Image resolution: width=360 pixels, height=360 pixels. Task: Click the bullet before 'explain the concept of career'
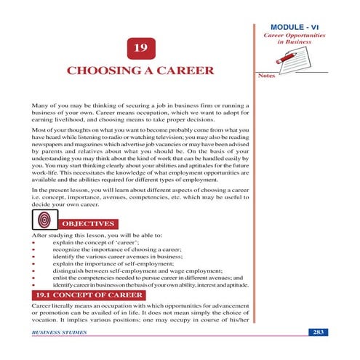[33, 241]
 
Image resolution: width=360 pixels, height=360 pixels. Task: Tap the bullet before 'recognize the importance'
[33, 250]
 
